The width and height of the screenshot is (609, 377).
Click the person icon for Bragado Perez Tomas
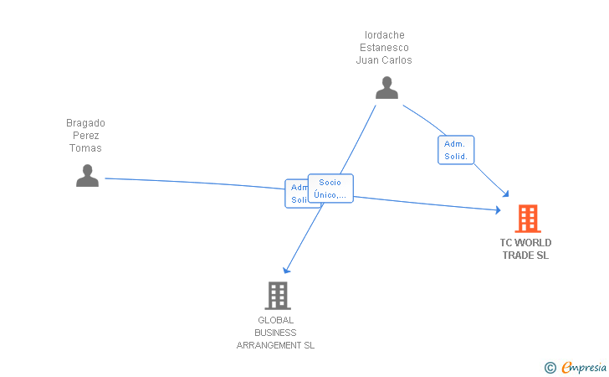click(87, 175)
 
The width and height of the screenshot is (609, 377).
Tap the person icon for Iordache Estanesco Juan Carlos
click(386, 88)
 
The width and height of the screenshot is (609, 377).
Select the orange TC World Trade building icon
click(527, 219)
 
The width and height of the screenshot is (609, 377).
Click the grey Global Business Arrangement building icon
click(277, 295)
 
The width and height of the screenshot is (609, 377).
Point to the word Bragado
click(86, 123)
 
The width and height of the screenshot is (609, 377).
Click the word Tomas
click(86, 148)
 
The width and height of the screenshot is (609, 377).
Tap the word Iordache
click(385, 35)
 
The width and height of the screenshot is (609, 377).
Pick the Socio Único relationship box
click(330, 188)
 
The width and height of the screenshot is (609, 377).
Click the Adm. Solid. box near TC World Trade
click(456, 150)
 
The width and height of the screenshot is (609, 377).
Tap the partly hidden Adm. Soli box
click(296, 194)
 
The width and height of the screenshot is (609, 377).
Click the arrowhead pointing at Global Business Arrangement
click(286, 270)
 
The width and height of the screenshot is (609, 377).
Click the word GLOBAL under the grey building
click(276, 320)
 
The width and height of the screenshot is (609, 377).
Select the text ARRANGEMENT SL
click(276, 345)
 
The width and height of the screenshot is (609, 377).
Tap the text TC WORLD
click(525, 243)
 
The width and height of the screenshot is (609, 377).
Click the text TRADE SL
click(525, 256)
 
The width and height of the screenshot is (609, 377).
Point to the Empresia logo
click(583, 367)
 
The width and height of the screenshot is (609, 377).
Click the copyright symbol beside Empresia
click(550, 367)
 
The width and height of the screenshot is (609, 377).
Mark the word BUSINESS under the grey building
click(276, 333)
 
